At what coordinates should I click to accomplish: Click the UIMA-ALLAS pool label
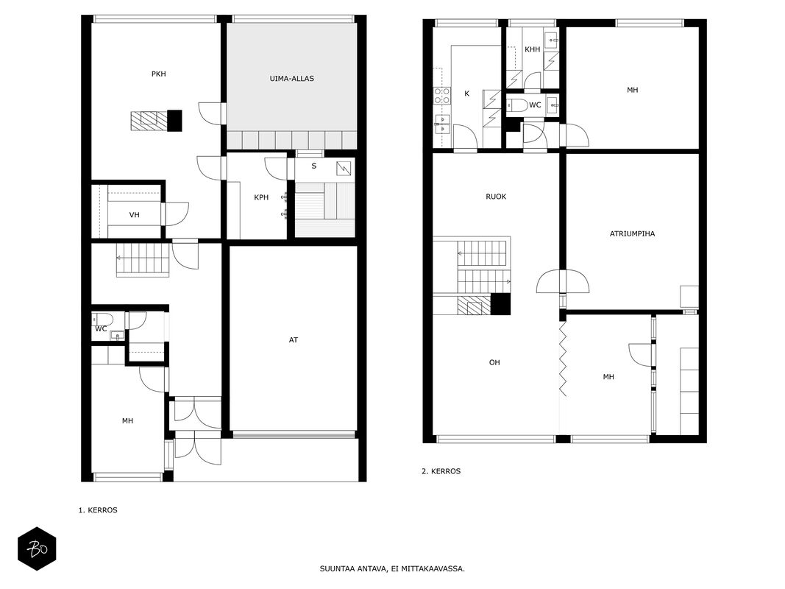click(x=291, y=79)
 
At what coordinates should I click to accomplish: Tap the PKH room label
click(x=159, y=74)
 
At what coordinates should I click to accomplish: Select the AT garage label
click(x=294, y=340)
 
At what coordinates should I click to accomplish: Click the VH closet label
click(x=134, y=215)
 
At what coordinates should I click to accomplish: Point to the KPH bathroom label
click(x=261, y=197)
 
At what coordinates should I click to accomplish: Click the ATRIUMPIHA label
click(x=632, y=233)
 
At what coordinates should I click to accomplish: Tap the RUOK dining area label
click(x=496, y=197)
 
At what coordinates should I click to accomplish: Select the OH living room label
click(x=494, y=363)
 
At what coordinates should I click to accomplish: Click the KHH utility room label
click(x=532, y=49)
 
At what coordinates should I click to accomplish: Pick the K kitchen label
click(x=467, y=94)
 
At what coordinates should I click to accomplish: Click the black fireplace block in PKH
click(x=174, y=121)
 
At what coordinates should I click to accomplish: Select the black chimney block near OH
click(x=500, y=304)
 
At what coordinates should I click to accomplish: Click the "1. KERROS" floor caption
click(x=98, y=510)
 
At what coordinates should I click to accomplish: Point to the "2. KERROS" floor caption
click(x=441, y=471)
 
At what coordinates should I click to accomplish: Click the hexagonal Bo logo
click(x=37, y=549)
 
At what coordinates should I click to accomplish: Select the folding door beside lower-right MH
click(x=563, y=359)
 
